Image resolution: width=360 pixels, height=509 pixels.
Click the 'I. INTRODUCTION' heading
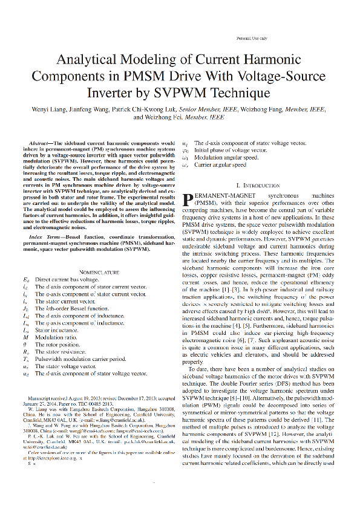[258, 184]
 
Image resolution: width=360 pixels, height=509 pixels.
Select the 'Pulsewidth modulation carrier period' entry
[79, 357]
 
